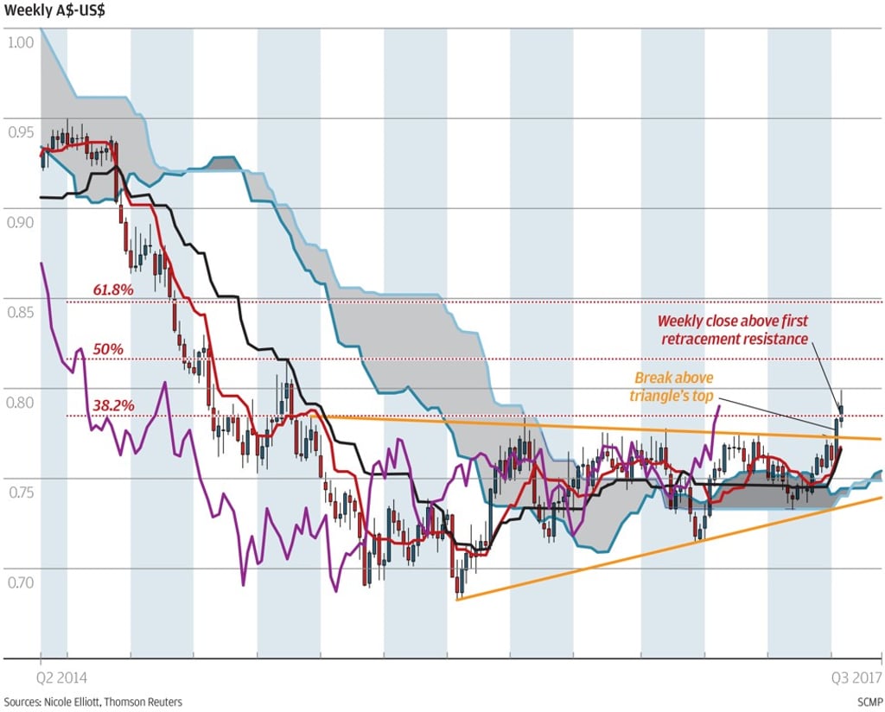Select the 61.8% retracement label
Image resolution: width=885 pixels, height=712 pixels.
tap(112, 289)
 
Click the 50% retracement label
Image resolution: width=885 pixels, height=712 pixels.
tap(109, 348)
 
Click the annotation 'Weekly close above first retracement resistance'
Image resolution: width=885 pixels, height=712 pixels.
tap(735, 330)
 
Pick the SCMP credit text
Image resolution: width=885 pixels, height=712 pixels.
tap(869, 702)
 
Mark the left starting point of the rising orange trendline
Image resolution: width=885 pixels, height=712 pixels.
tap(457, 599)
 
